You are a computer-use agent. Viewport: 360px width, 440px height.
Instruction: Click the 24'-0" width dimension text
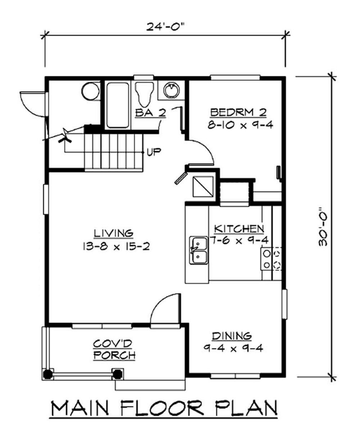[x=166, y=27]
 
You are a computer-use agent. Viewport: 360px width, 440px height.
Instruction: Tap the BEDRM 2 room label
[x=238, y=113]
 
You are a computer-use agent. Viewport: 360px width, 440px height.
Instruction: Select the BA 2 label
[x=150, y=113]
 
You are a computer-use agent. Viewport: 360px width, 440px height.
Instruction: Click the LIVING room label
[x=114, y=233]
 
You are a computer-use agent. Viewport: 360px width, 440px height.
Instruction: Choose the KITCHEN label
[x=239, y=229]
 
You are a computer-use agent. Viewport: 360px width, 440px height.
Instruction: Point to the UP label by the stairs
[x=154, y=152]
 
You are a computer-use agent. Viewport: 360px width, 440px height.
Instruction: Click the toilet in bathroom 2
[x=144, y=94]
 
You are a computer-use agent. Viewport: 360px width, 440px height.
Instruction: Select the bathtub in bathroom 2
[x=118, y=105]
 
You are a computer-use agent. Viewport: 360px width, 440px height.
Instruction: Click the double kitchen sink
[x=199, y=250]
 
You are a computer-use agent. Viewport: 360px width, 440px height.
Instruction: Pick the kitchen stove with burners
[x=271, y=259]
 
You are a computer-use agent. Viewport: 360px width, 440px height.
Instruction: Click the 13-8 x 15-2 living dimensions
[x=116, y=246]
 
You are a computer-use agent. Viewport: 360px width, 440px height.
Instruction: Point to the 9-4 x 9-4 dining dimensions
[x=233, y=348]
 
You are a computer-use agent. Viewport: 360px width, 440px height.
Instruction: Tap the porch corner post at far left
[x=48, y=374]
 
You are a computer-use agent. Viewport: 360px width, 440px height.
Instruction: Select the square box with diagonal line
[x=203, y=186]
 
